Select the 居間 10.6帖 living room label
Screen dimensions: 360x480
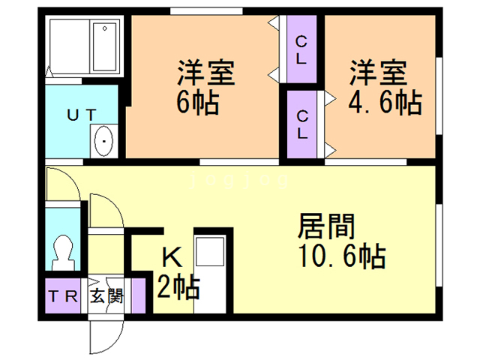click(x=340, y=241)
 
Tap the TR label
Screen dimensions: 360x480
click(x=64, y=295)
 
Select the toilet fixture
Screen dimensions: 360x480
click(x=62, y=251)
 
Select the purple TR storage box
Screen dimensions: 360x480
click(x=63, y=295)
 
